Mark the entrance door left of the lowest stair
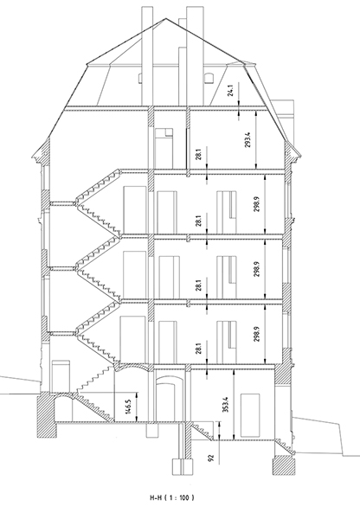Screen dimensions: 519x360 tap(61, 377)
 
